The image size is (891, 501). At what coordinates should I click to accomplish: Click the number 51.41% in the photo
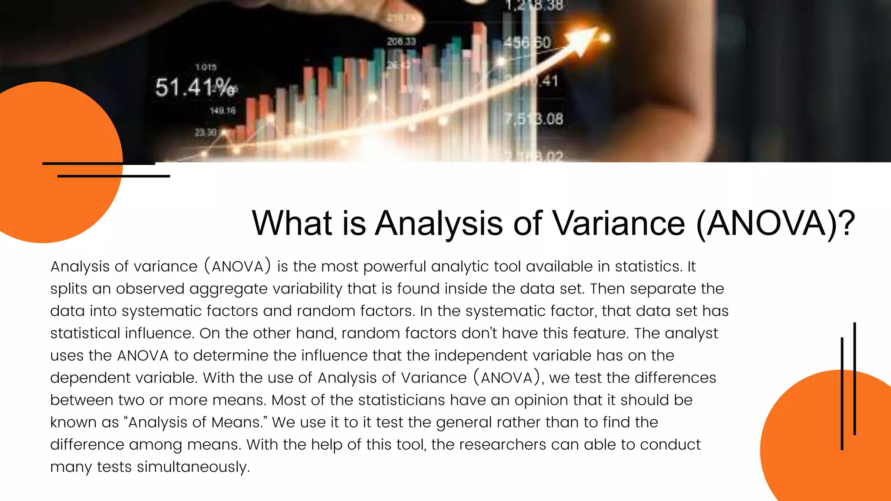196,87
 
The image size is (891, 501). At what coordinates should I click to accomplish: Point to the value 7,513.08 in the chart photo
534,119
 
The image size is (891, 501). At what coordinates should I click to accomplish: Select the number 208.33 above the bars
402,42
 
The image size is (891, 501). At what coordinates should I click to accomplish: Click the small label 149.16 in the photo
223,111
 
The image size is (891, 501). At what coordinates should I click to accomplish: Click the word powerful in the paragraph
395,267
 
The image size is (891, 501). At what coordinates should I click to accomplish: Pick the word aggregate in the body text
228,289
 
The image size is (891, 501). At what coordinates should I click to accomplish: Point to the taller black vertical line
855,378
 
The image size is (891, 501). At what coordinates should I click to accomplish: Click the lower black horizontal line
114,176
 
